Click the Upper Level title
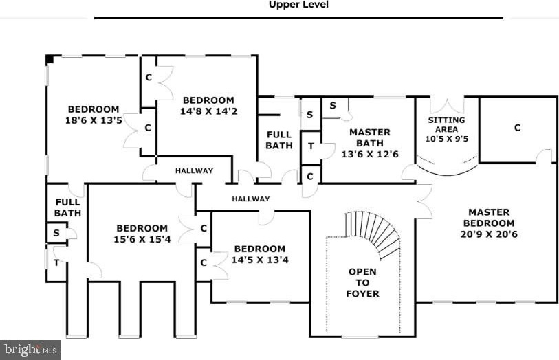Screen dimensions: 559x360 pyautogui.click(x=298, y=5)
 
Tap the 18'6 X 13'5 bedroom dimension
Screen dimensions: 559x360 pyautogui.click(x=94, y=120)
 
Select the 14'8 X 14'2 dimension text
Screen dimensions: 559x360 pyautogui.click(x=208, y=111)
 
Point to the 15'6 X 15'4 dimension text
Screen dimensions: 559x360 pyautogui.click(x=142, y=239)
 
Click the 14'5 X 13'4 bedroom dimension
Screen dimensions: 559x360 pyautogui.click(x=260, y=260)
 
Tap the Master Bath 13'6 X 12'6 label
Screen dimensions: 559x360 pyautogui.click(x=370, y=143)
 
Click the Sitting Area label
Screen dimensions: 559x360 pyautogui.click(x=446, y=124)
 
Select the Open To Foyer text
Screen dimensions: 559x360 pyautogui.click(x=362, y=283)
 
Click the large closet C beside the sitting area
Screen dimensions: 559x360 pyautogui.click(x=517, y=128)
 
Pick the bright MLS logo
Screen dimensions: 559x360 pyautogui.click(x=30, y=350)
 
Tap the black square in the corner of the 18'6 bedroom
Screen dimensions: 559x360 pyautogui.click(x=50, y=59)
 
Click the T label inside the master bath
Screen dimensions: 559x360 pyautogui.click(x=311, y=146)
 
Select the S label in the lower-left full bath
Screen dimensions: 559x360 pyautogui.click(x=56, y=233)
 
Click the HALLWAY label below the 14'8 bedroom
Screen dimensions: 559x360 pyautogui.click(x=195, y=171)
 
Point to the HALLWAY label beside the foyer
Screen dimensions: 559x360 pyautogui.click(x=251, y=199)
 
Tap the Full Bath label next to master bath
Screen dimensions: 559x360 pyautogui.click(x=279, y=140)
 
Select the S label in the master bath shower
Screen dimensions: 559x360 pyautogui.click(x=333, y=105)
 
